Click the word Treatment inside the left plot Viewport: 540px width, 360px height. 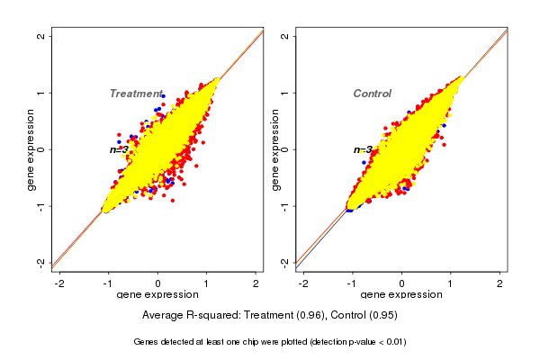point(135,94)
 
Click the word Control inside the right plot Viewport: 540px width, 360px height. point(372,94)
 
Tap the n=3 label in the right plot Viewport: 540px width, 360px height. point(363,150)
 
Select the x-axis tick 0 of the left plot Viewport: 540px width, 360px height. point(157,283)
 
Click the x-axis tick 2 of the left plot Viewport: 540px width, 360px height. point(256,283)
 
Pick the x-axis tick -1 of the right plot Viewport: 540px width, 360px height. point(351,283)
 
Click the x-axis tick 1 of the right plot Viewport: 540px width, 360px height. point(451,283)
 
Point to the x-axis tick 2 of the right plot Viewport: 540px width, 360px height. point(500,283)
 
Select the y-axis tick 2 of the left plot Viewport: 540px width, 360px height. point(41,36)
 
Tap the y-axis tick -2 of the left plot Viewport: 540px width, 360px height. point(41,262)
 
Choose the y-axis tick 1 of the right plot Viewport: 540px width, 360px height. point(285,93)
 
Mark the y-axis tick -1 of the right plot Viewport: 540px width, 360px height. point(285,206)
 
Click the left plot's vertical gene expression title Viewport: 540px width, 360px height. point(31,149)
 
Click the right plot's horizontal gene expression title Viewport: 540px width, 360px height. point(401,295)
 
